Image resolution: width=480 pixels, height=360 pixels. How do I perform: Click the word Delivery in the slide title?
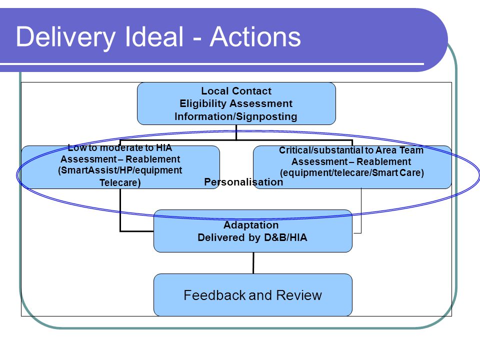pos(65,37)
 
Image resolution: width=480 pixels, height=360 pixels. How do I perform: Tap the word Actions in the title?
pos(255,36)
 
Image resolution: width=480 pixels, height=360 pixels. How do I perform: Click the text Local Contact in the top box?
pos(236,91)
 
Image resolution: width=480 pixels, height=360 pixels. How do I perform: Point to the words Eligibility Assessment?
pos(236,103)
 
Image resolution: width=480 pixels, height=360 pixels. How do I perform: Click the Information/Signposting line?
pos(236,116)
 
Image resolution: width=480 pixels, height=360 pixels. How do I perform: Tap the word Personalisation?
pos(243,182)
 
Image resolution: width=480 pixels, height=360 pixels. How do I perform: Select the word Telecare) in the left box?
pos(120,182)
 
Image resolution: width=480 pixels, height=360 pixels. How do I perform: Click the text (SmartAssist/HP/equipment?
pos(120,170)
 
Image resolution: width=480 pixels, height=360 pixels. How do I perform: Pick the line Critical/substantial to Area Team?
pos(351,150)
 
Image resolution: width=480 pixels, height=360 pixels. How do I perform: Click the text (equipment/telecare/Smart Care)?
pos(352,172)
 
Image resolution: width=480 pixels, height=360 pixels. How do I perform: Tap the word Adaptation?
pos(251,225)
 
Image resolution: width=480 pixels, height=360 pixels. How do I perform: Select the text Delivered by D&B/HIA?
pos(252,237)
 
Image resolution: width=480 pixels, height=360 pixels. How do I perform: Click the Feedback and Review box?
pos(253,295)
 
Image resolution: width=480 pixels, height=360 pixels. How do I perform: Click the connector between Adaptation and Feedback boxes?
pos(253,263)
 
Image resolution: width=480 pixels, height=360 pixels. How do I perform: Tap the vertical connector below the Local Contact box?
pos(236,132)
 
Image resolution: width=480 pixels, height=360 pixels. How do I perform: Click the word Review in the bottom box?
pos(299,295)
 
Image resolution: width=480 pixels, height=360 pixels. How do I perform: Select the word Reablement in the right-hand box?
pos(384,161)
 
